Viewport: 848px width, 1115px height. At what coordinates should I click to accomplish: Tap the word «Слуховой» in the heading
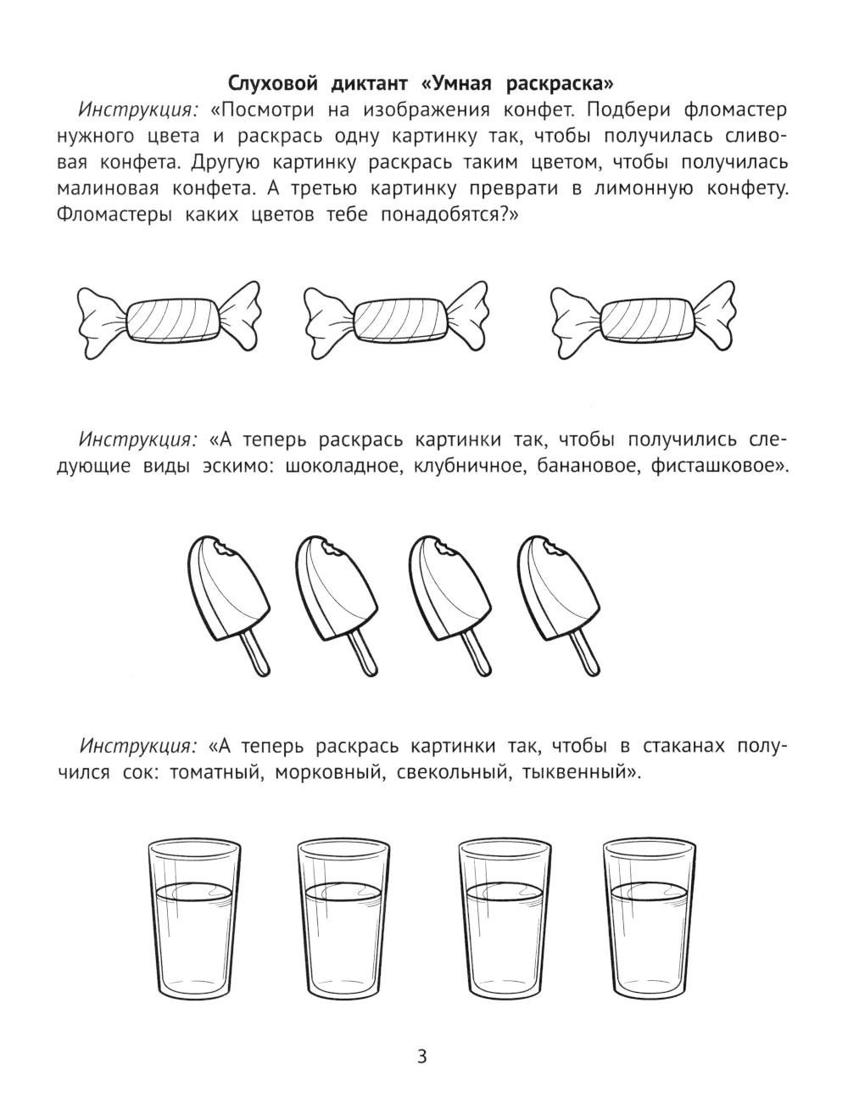click(x=273, y=83)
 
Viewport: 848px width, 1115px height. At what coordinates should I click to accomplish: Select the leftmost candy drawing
click(x=169, y=320)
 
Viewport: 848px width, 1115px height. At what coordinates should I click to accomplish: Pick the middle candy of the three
click(x=396, y=320)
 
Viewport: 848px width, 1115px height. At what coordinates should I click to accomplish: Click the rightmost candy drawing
click(x=644, y=320)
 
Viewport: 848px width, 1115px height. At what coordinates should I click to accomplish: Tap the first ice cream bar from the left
click(x=229, y=604)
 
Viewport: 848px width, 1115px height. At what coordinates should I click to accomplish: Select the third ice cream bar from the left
click(x=450, y=604)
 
